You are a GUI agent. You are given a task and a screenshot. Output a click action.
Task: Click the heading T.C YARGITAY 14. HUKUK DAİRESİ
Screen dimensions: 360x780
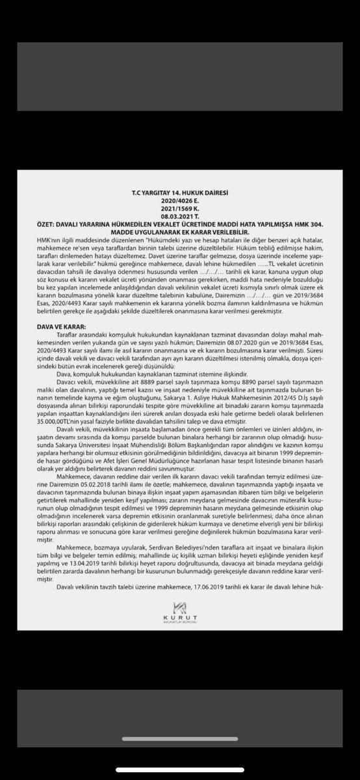tap(180, 194)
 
